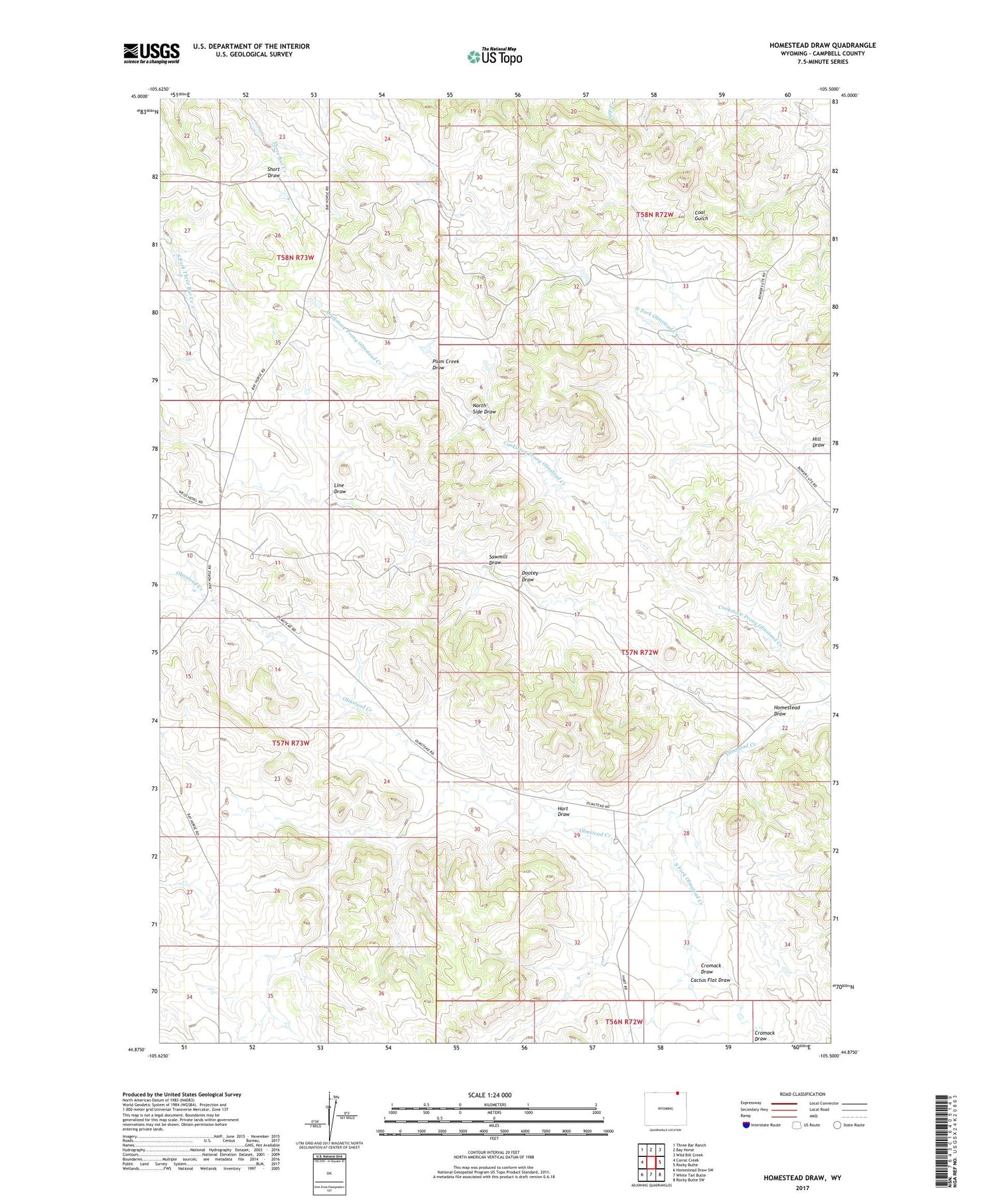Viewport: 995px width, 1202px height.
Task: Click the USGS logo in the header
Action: pyautogui.click(x=151, y=53)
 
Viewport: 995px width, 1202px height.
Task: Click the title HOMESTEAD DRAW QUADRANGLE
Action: pyautogui.click(x=822, y=45)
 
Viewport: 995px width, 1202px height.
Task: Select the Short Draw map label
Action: pyautogui.click(x=273, y=172)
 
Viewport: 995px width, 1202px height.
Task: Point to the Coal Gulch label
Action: pyautogui.click(x=701, y=215)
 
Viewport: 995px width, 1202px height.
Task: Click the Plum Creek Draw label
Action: pyautogui.click(x=445, y=364)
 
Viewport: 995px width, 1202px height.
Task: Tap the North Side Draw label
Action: pyautogui.click(x=484, y=408)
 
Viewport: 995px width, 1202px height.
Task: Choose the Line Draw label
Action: pyautogui.click(x=340, y=488)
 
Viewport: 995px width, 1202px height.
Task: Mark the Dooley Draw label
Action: pyautogui.click(x=528, y=576)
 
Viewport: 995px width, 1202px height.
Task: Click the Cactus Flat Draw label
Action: pyautogui.click(x=710, y=980)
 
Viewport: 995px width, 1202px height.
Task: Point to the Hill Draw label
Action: pyautogui.click(x=818, y=442)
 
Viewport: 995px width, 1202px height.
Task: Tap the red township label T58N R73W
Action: pyautogui.click(x=295, y=257)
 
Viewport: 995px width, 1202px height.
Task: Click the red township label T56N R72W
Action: pyautogui.click(x=624, y=1022)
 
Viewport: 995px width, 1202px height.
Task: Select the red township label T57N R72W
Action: pyautogui.click(x=639, y=652)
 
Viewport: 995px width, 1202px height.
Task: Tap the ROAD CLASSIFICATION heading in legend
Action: pyautogui.click(x=803, y=1094)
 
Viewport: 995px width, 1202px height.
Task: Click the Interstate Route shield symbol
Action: pyautogui.click(x=746, y=1125)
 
